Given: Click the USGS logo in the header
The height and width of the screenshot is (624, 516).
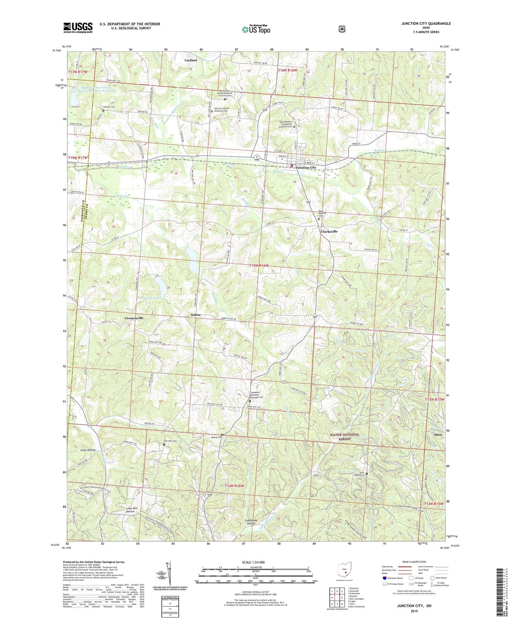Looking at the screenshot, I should click(78, 28).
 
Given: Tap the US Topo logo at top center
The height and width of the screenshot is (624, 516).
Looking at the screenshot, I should click(256, 29).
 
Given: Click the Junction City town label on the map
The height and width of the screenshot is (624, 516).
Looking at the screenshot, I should click(306, 168).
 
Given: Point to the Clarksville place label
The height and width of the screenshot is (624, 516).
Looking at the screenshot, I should click(329, 232).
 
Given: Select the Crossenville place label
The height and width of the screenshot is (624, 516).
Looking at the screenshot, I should click(134, 318).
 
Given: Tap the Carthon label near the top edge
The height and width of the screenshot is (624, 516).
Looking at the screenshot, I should click(191, 60).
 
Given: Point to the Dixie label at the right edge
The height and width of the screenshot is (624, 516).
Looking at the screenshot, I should click(438, 435).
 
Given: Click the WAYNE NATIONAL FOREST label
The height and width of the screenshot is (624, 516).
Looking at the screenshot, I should click(345, 437).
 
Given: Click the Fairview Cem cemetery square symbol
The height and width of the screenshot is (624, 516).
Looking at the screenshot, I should click(164, 444).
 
